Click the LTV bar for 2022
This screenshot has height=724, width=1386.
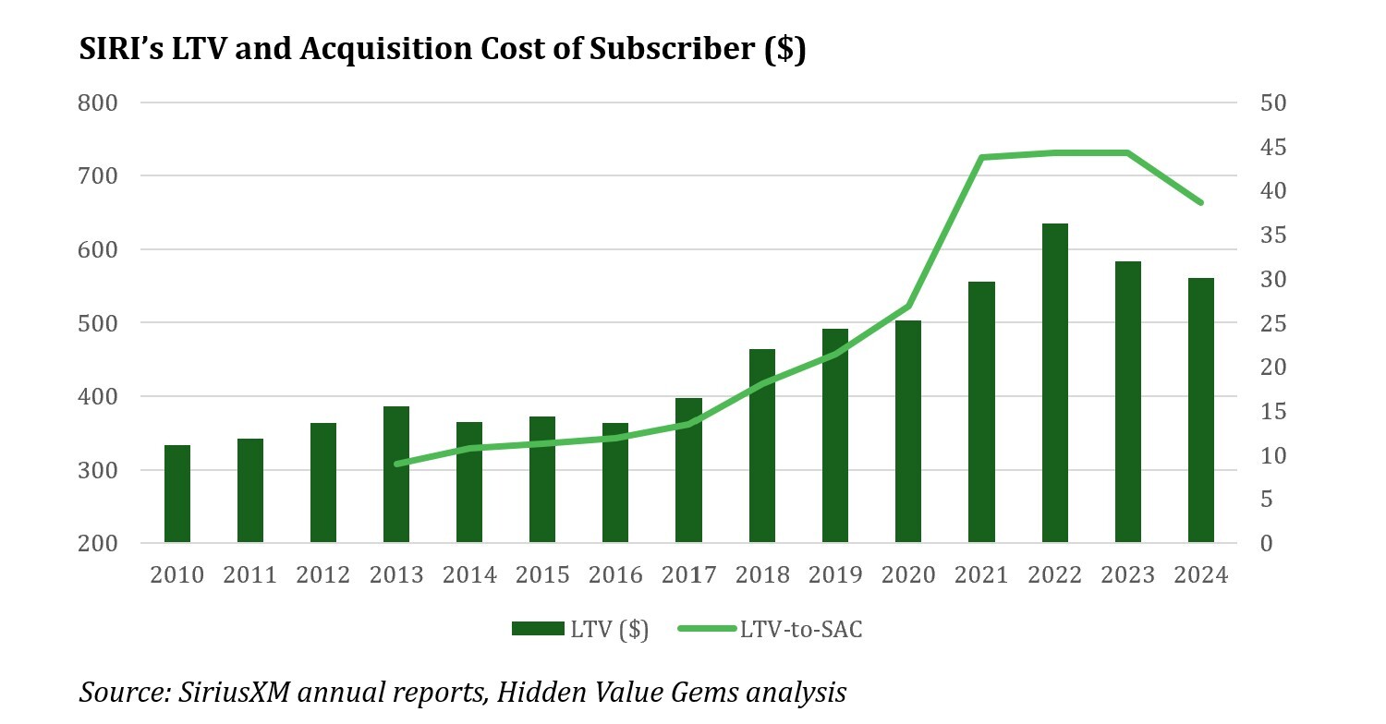coord(1054,383)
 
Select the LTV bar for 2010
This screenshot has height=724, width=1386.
coord(176,494)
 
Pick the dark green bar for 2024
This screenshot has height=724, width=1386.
coord(1200,410)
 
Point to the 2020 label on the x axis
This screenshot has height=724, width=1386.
coord(908,575)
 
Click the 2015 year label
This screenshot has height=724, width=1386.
coord(542,575)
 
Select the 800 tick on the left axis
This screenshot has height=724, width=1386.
coord(97,103)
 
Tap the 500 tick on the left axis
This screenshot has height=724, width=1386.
coord(97,323)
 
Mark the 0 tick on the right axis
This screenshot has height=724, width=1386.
coord(1267,543)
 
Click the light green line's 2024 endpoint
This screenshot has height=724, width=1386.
coord(1200,202)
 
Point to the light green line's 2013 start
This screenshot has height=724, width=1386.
coord(396,464)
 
